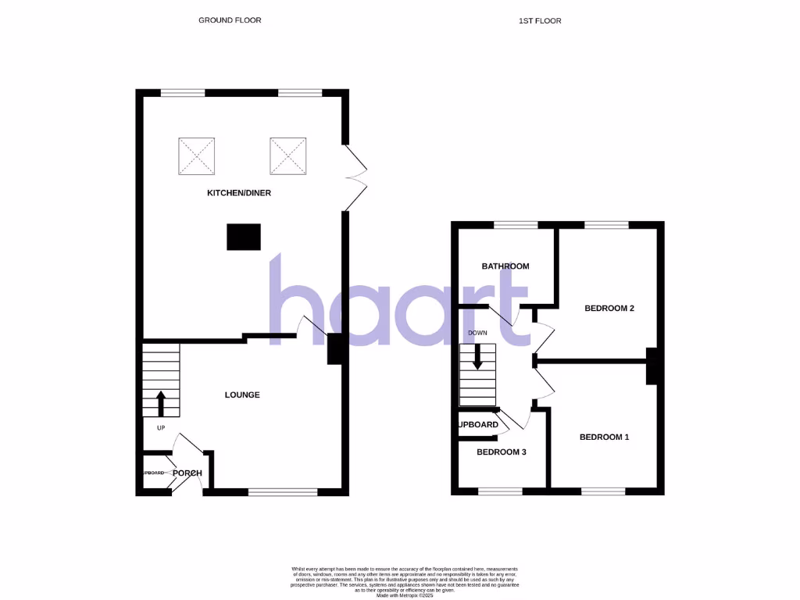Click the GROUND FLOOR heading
point(230,20)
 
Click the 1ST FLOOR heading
point(540,20)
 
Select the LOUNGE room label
point(242,395)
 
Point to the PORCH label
point(187,473)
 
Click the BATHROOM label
point(505,266)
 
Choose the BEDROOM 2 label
point(609,309)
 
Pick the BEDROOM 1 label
point(604,437)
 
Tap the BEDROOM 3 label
point(502,452)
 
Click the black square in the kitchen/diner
point(244,237)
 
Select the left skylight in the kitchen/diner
point(196,156)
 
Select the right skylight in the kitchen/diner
point(288,156)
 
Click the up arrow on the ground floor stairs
point(161,403)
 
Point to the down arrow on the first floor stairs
point(477,357)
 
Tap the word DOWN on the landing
point(477,333)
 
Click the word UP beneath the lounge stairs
point(161,428)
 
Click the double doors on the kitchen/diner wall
point(355,177)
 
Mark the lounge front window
point(283,492)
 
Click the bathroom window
point(516,225)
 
